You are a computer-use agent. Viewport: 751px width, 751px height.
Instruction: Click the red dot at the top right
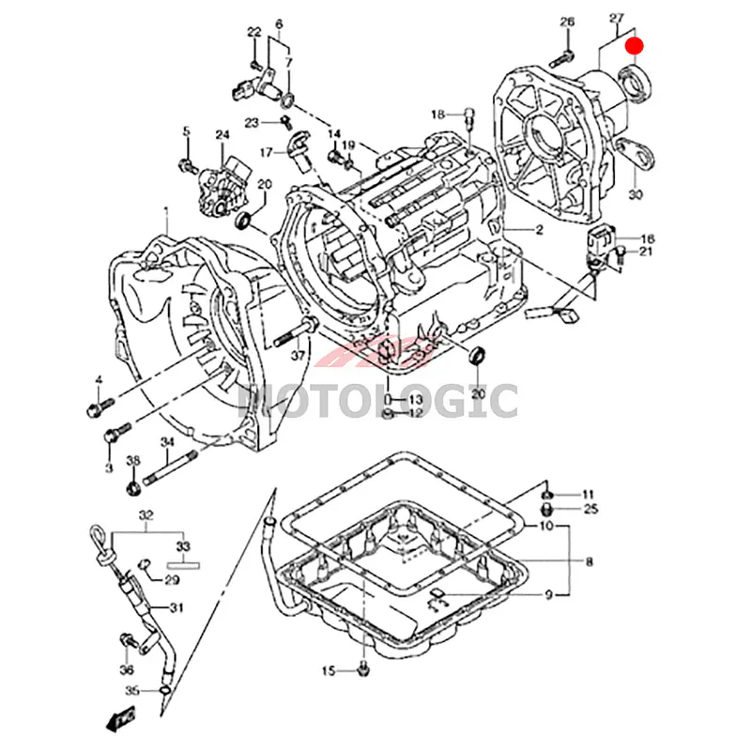pos(636,43)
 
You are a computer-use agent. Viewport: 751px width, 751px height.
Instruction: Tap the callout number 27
pos(617,19)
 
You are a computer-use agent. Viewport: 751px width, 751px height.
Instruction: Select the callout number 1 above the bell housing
pos(165,212)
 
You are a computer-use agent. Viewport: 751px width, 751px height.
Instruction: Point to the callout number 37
pos(298,356)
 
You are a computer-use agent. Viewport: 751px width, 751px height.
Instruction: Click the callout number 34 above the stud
pos(167,442)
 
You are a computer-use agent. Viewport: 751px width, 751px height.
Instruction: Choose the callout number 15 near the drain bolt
pos(328,670)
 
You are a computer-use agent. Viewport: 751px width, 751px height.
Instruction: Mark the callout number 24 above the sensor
pos(222,135)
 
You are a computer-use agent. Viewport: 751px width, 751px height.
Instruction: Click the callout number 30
pos(636,194)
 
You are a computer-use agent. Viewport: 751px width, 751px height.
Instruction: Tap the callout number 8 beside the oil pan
pos(590,562)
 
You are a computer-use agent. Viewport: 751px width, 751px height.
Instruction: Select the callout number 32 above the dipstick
pos(146,516)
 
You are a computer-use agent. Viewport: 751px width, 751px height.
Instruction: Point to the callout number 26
pos(567,23)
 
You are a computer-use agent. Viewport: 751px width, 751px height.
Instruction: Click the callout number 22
pos(253,33)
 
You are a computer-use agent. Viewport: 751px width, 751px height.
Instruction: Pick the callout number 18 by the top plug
pos(437,115)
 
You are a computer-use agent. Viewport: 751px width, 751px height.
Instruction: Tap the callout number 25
pos(590,510)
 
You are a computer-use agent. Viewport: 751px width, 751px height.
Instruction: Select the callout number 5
pos(186,131)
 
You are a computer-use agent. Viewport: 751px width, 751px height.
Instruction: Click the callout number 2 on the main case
pos(540,230)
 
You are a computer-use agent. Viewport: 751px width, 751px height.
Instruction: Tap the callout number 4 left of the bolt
pos(98,379)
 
